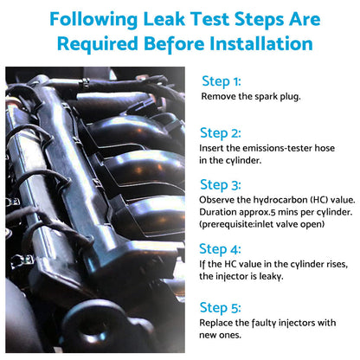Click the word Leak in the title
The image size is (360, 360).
164,19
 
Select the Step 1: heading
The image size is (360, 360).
222,81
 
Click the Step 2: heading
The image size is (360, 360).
221,133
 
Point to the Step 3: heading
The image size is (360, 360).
221,185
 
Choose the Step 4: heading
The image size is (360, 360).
220,249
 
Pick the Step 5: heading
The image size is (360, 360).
220,307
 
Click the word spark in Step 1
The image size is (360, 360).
267,97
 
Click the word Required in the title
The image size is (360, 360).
98,44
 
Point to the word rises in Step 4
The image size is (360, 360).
337,264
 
